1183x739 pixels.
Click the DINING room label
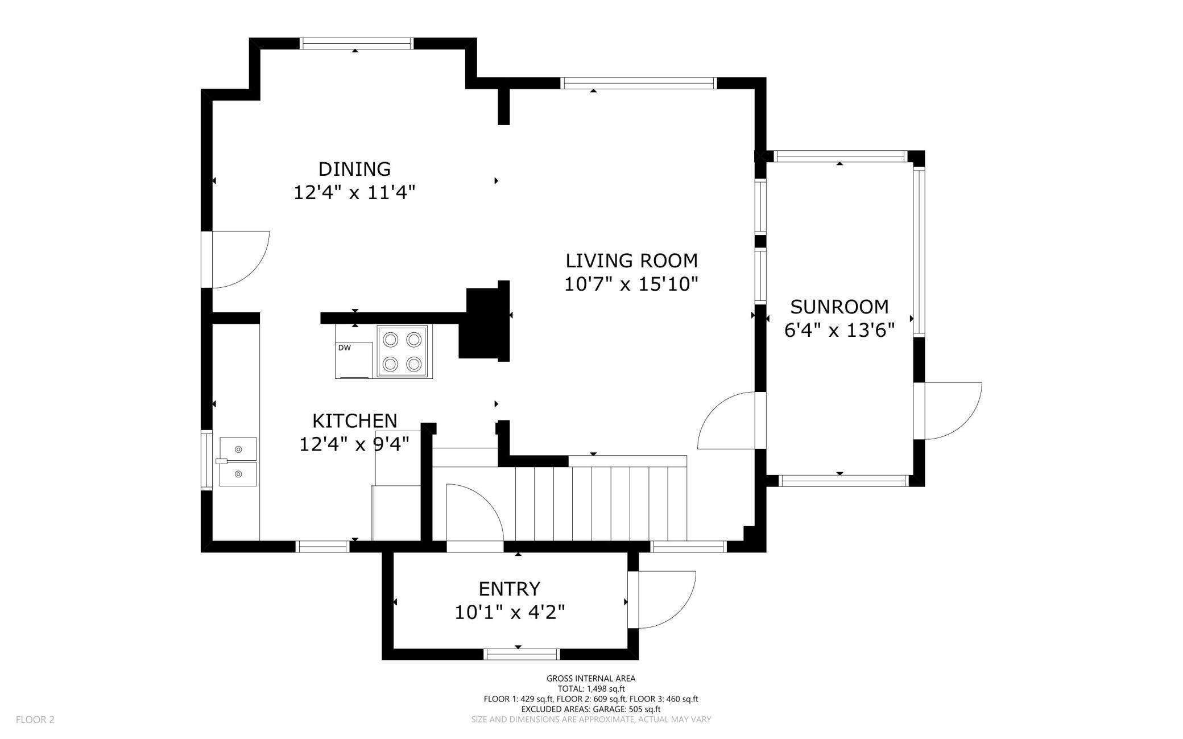click(354, 169)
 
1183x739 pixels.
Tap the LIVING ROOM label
click(631, 261)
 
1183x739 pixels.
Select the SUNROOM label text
click(839, 307)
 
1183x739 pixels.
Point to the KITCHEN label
click(354, 421)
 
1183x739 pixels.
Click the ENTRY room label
click(510, 588)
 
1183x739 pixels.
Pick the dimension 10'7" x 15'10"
click(631, 284)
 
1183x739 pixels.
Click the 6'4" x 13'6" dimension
click(839, 330)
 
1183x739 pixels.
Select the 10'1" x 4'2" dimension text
click(510, 612)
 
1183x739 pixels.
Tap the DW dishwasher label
click(345, 348)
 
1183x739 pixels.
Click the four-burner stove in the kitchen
click(402, 352)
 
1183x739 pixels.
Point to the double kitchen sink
click(238, 462)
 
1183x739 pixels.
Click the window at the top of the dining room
click(355, 43)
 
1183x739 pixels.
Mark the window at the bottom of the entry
click(522, 654)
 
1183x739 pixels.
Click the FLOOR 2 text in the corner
click(35, 720)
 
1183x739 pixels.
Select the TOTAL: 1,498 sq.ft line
click(591, 688)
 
